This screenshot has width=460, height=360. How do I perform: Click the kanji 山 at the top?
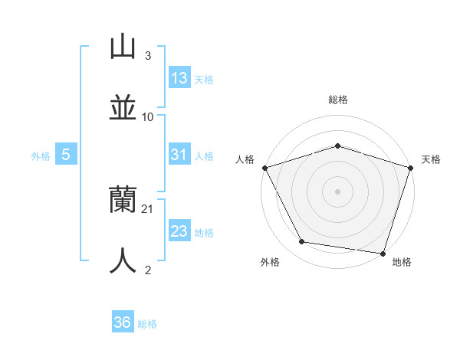click(x=123, y=47)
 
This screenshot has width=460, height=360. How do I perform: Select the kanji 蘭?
click(x=123, y=201)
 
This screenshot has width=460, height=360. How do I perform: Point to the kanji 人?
click(x=123, y=260)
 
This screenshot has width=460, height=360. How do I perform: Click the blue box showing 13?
click(x=179, y=78)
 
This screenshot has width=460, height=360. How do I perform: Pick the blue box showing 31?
click(x=179, y=155)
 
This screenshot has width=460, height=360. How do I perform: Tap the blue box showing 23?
click(x=179, y=231)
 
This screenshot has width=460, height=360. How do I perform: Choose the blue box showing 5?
click(x=66, y=155)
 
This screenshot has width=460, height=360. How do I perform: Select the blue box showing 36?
click(x=123, y=322)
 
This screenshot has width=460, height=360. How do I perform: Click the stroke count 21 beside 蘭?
click(x=148, y=208)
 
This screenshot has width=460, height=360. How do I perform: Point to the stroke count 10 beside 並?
click(x=148, y=116)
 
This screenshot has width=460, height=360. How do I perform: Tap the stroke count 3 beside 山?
click(x=148, y=56)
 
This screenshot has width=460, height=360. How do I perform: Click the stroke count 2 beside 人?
click(x=148, y=270)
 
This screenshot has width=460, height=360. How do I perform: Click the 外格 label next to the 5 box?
click(x=41, y=155)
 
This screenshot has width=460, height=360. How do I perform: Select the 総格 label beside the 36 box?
click(x=147, y=323)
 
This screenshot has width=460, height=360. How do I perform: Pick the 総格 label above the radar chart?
click(x=337, y=100)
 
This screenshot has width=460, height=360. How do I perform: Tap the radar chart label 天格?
click(x=431, y=159)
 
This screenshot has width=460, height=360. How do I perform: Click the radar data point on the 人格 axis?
click(x=264, y=168)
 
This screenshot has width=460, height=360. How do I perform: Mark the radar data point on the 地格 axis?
click(x=383, y=253)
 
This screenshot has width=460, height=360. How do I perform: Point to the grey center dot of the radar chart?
click(x=337, y=191)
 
